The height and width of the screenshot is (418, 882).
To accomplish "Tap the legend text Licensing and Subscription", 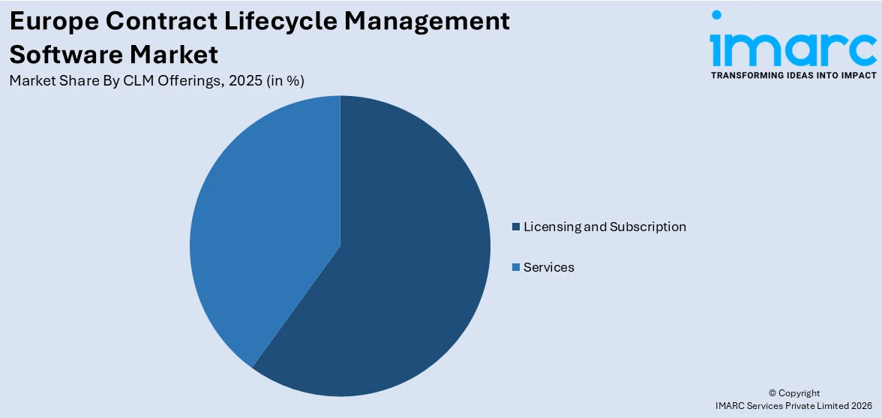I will coord(604,227).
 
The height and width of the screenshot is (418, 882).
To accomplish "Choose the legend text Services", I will coord(548,267).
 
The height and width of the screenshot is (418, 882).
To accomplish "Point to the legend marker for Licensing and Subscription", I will coord(515,227).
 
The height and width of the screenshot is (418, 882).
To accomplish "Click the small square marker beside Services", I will coord(515,267).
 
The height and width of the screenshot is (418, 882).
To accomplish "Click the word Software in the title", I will coord(64,55).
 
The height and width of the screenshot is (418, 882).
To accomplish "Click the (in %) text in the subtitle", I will coord(285,81).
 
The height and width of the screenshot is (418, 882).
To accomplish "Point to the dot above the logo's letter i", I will coord(716,15).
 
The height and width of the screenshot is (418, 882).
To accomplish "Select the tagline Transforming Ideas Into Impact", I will coord(793,75).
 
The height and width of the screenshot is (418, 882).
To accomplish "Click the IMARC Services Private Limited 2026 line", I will coord(793,405).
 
